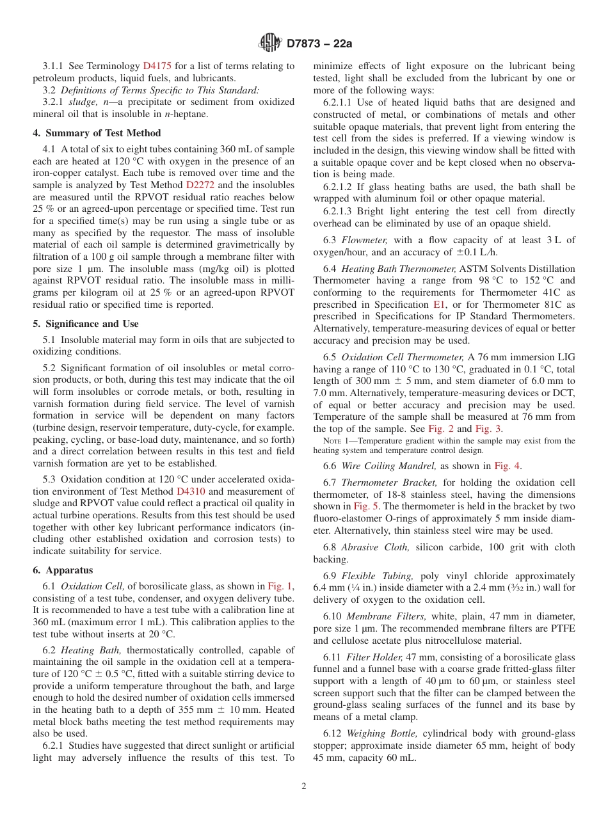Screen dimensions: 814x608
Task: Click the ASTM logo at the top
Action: [x=269, y=44]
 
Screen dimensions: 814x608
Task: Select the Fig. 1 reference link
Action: [x=279, y=586]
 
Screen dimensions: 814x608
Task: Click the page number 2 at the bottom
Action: [x=304, y=786]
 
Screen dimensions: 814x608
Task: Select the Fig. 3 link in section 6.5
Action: [x=490, y=429]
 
